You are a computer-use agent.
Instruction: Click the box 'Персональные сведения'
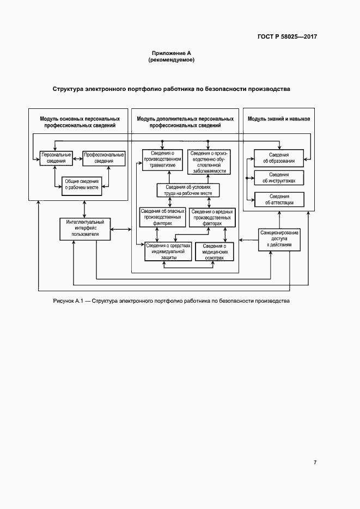pyautogui.click(x=57, y=158)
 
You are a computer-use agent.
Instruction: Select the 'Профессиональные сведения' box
pyautogui.click(x=103, y=158)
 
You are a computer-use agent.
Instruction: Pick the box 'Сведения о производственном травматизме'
pyautogui.click(x=162, y=160)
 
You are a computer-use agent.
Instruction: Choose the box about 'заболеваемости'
pyautogui.click(x=208, y=162)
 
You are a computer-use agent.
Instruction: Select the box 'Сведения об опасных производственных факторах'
pyautogui.click(x=162, y=217)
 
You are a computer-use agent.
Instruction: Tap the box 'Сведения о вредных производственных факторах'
pyautogui.click(x=212, y=217)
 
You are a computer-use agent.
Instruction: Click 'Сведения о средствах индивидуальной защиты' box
pyautogui.click(x=168, y=251)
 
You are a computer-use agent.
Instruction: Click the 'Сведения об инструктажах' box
pyautogui.click(x=279, y=177)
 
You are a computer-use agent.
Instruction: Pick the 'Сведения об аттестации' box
pyautogui.click(x=279, y=199)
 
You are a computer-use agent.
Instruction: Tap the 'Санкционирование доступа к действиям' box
pyautogui.click(x=279, y=239)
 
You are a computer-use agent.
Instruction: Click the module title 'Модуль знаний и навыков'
pyautogui.click(x=279, y=118)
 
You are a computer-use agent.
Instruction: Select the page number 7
pyautogui.click(x=315, y=462)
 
